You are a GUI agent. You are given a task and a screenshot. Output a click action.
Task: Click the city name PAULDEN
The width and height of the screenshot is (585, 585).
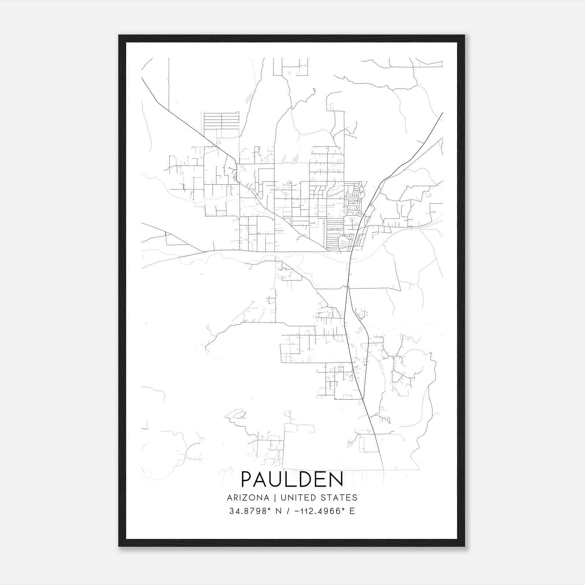[x=292, y=479]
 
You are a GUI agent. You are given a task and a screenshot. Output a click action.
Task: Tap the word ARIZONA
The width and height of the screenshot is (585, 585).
[x=248, y=498]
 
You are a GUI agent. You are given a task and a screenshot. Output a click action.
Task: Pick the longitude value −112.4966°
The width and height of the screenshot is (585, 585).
[x=322, y=511]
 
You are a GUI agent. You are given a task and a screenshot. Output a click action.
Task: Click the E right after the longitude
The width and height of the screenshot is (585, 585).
[x=352, y=511]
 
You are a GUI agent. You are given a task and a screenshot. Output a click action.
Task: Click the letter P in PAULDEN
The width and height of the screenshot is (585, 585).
[x=246, y=479]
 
